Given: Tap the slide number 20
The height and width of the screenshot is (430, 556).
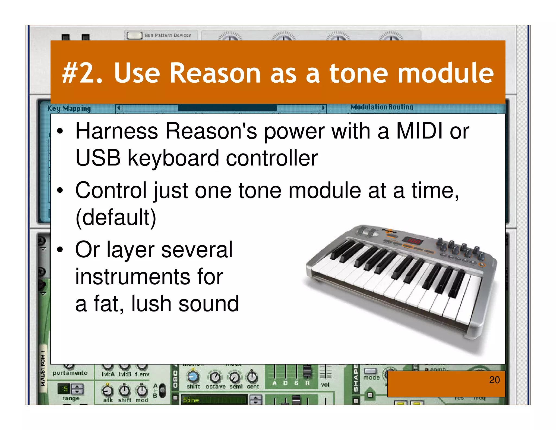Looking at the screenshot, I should pos(494,380).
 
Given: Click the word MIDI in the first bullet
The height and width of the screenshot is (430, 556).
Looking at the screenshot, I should pos(419,131).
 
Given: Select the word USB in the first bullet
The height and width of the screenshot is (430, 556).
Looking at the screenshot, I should pos(98,158).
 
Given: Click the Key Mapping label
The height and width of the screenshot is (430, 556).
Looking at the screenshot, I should pos(69,108).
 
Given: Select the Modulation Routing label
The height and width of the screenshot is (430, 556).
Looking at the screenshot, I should pos(382,107).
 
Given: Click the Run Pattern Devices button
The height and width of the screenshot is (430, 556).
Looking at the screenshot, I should pos(134,35).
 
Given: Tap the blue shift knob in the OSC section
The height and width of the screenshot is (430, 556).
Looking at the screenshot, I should pos(193,377).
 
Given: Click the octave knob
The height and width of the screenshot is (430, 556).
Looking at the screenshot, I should pos(215,377).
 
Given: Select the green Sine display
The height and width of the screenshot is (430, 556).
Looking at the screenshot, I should pos(214,400).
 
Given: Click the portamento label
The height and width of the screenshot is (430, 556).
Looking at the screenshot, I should pos(70,373).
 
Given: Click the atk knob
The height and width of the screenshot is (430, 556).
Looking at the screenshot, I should pos(108,391).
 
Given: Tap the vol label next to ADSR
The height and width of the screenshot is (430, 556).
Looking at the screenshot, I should pos(325,385).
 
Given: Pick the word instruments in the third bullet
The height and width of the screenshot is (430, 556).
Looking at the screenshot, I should pos(149,277).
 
